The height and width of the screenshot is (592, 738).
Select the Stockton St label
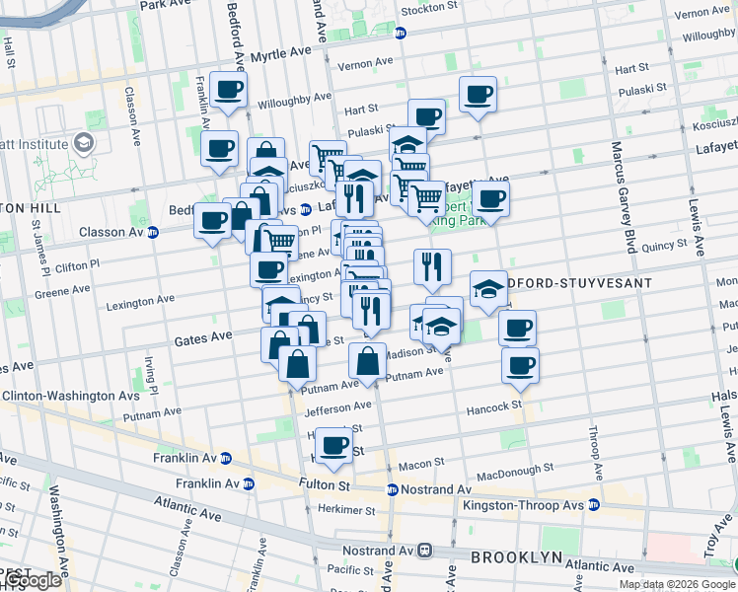tap(430, 10)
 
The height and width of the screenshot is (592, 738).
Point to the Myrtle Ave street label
tap(281, 57)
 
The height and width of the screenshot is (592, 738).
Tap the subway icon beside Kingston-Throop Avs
tap(594, 505)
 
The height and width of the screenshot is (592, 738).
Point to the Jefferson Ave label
tap(338, 406)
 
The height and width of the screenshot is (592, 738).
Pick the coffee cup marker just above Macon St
tap(335, 446)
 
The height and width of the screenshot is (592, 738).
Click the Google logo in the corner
tap(32, 580)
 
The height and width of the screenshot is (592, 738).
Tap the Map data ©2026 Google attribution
tap(678, 584)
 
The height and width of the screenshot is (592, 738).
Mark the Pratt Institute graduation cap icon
tap(86, 145)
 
